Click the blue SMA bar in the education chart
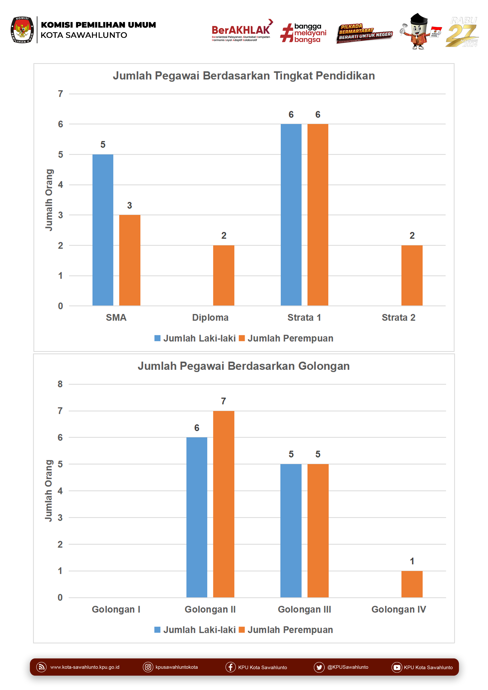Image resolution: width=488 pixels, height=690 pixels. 103,230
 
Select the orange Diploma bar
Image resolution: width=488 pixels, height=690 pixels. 224,275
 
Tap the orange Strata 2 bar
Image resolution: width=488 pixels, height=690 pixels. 412,275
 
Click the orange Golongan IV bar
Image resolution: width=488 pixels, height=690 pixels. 412,584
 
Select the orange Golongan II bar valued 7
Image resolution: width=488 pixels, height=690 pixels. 224,504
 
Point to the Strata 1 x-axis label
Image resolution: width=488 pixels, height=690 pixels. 304,318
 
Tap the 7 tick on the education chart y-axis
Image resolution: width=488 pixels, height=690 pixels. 60,94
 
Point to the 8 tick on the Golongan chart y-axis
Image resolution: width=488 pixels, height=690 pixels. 60,384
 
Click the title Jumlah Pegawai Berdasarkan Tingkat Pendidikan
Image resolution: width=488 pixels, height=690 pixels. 244,76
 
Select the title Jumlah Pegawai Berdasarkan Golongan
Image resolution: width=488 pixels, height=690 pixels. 244,366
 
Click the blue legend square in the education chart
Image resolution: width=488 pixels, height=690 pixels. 157,338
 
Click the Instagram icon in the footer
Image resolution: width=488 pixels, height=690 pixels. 148,667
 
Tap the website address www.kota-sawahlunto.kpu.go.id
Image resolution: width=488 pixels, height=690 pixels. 85,667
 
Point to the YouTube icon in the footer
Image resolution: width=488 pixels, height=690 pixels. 396,667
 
